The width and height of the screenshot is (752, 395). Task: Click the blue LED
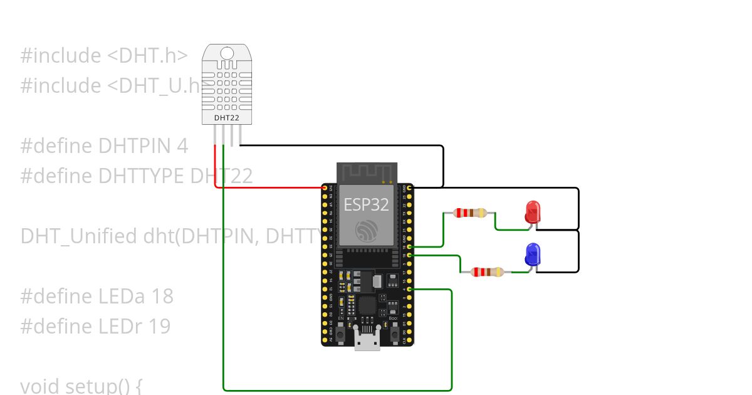[533, 253]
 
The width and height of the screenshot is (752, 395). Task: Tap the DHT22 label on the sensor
[226, 117]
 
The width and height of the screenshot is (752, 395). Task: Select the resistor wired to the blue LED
[488, 272]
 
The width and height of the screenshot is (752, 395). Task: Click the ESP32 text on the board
[366, 204]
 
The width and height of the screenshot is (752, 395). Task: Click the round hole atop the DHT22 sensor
[226, 53]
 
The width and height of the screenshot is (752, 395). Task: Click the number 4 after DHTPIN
[182, 146]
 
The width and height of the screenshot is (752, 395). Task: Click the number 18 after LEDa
[162, 296]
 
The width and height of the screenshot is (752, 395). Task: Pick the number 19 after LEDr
[160, 326]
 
